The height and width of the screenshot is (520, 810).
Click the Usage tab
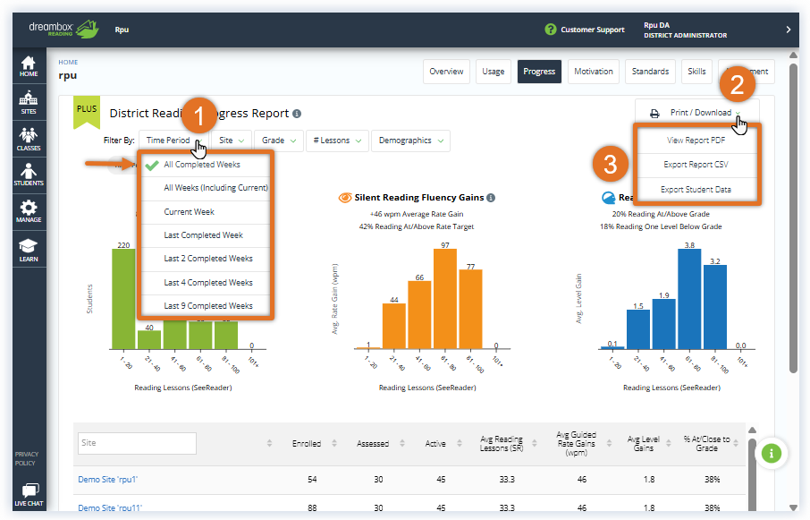click(x=493, y=72)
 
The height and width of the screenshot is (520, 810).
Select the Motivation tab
click(x=594, y=72)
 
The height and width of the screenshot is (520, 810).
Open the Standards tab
click(x=650, y=72)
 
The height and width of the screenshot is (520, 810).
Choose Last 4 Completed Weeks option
click(x=207, y=283)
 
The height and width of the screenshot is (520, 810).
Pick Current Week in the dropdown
click(x=189, y=212)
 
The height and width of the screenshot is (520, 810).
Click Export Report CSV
click(x=697, y=165)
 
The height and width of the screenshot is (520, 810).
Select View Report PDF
click(x=697, y=141)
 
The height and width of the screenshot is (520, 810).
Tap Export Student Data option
click(x=697, y=189)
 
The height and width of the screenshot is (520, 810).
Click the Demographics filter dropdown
click(x=409, y=141)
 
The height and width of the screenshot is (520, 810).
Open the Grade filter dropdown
click(x=278, y=141)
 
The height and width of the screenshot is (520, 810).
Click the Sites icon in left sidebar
click(x=29, y=103)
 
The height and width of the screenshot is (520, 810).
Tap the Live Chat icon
click(x=29, y=495)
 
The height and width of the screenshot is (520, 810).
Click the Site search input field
click(x=137, y=443)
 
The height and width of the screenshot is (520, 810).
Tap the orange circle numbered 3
click(x=610, y=165)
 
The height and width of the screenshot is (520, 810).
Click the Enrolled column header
click(x=307, y=443)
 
